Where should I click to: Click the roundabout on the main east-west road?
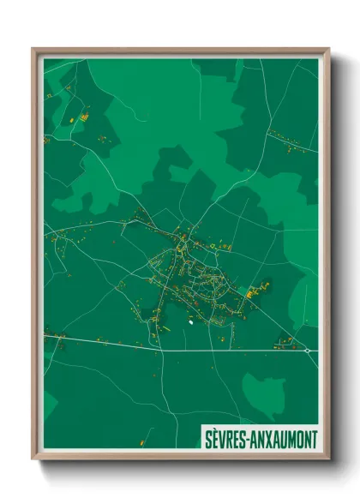click(x=307, y=351)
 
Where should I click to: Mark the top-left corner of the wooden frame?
click(x=33, y=49)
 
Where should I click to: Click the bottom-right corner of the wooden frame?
click(x=328, y=460)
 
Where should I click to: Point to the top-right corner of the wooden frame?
click(x=328, y=49)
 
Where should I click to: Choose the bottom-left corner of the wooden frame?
click(x=33, y=460)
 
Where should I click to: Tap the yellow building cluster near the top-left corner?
click(x=84, y=115)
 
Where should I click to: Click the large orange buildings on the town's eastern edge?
click(x=255, y=292)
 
